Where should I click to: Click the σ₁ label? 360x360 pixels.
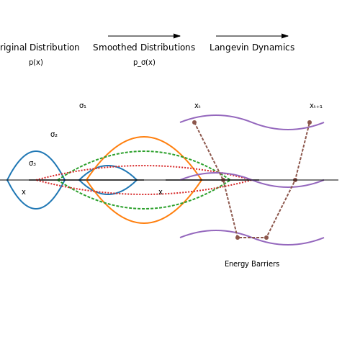point(83,106)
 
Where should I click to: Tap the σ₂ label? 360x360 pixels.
point(54,135)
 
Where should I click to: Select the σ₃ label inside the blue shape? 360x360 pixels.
point(32,163)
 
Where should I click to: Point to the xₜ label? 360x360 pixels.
point(197,106)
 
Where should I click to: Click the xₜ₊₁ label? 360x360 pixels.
point(316,106)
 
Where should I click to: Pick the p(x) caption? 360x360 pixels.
point(36,63)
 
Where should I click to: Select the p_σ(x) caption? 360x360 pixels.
point(144,63)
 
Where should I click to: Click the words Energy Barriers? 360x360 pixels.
point(252,264)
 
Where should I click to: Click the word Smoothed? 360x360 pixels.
point(112,48)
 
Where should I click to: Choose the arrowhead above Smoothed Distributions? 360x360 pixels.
point(177,36)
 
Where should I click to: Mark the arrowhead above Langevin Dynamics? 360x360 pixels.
point(285,36)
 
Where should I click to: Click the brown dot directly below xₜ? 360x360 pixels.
point(194,122)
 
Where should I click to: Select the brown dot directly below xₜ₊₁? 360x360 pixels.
point(310,122)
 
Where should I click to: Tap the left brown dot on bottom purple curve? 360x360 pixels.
point(238,238)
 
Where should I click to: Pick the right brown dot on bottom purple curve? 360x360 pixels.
point(266,238)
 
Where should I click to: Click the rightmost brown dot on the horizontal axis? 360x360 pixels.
point(295,180)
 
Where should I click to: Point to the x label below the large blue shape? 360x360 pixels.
point(24,192)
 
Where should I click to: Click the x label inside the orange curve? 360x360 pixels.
point(161,192)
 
